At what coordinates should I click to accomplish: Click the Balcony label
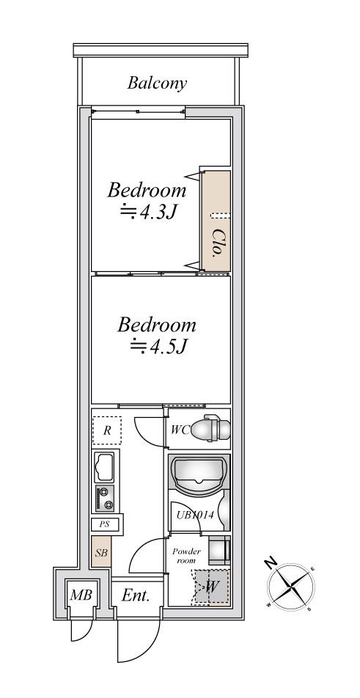(157, 84)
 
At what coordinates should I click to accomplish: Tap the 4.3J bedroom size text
(149, 213)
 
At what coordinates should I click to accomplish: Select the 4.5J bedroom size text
(158, 347)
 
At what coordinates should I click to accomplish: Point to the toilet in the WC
(210, 428)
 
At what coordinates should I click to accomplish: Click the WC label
(180, 430)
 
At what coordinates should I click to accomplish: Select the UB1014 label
(195, 515)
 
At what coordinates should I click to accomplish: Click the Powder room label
(186, 556)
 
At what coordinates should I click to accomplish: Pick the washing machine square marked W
(212, 587)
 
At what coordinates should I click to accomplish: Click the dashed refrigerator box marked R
(107, 430)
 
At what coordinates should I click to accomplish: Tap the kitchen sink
(104, 467)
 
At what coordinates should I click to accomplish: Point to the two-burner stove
(105, 499)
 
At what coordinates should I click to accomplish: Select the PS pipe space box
(105, 524)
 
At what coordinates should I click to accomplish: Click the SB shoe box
(101, 551)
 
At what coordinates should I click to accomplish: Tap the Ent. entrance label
(136, 595)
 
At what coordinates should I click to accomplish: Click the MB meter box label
(81, 595)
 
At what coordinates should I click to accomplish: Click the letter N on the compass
(268, 562)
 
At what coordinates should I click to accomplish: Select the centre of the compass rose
(290, 587)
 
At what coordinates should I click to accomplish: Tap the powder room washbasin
(219, 550)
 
